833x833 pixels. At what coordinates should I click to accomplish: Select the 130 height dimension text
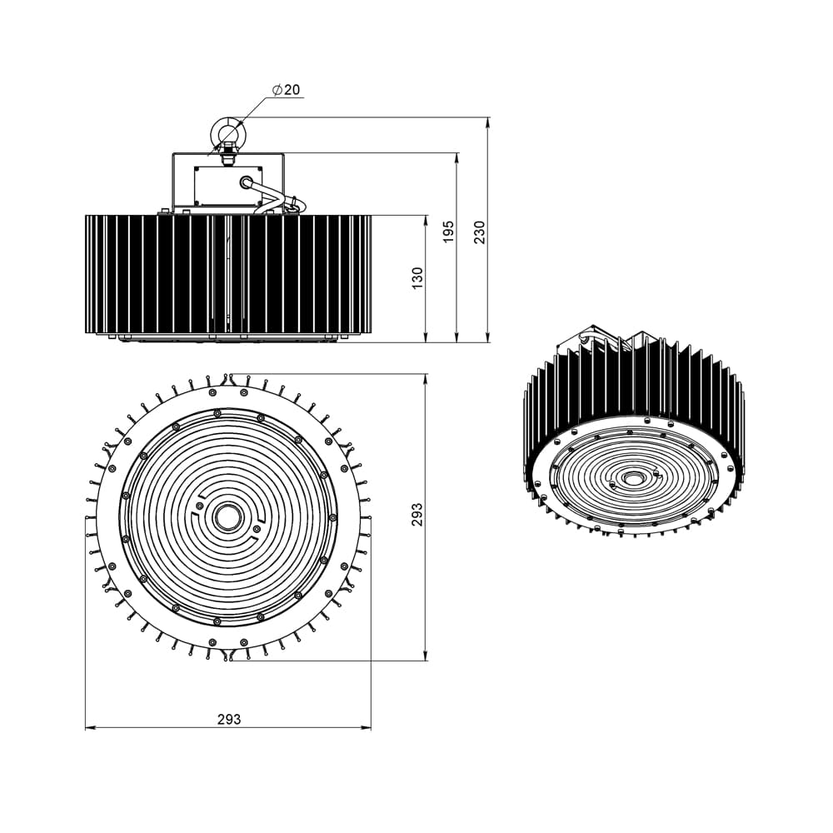click(x=417, y=277)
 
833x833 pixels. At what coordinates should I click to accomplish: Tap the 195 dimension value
click(x=448, y=232)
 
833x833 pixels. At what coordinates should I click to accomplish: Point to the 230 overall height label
click(x=479, y=232)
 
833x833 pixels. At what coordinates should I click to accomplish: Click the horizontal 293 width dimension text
click(x=228, y=719)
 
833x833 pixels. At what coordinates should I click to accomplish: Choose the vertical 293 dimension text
click(x=417, y=514)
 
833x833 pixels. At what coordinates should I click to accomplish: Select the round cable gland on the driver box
click(x=246, y=182)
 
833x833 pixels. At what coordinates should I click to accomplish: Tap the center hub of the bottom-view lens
click(x=227, y=516)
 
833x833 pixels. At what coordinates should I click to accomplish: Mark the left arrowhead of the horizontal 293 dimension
click(x=89, y=728)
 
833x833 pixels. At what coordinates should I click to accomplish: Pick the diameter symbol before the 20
click(x=276, y=89)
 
